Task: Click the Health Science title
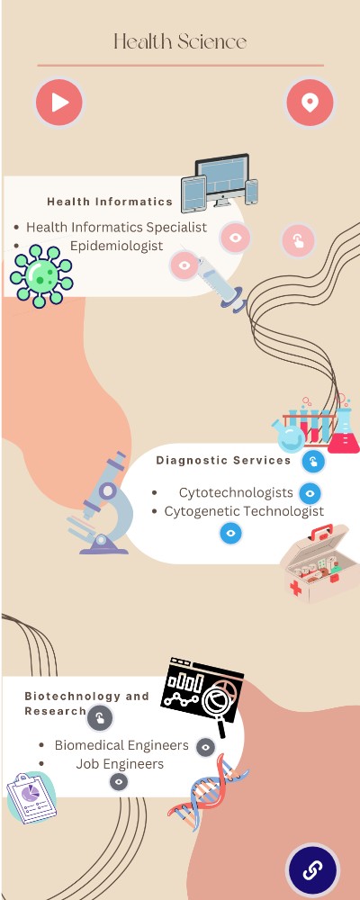pos(180,42)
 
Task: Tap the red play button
pos(59,103)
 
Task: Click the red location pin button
pos(310,103)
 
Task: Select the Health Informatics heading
pos(110,202)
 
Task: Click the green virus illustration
pos(40,275)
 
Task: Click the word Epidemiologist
pos(117,246)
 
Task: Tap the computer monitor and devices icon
pos(220,183)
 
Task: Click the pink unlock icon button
pos(299,240)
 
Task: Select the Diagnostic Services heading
pos(224,460)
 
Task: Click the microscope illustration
pos(103,504)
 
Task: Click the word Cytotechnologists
pos(236,492)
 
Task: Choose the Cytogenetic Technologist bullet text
pos(244,511)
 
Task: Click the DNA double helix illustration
pos(209,793)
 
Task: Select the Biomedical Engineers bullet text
pos(121,745)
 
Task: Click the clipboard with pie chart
pos(31,797)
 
